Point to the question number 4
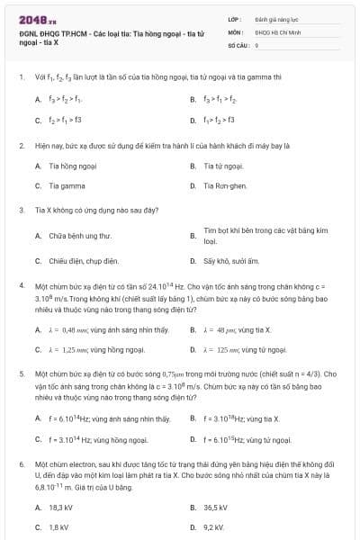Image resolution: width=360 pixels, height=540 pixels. (x=21, y=284)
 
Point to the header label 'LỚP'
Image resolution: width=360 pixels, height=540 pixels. (x=235, y=18)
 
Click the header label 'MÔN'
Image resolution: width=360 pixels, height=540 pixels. (x=235, y=31)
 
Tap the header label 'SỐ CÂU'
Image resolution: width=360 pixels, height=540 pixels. (x=238, y=43)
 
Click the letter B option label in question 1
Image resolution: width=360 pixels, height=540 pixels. (x=193, y=99)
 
